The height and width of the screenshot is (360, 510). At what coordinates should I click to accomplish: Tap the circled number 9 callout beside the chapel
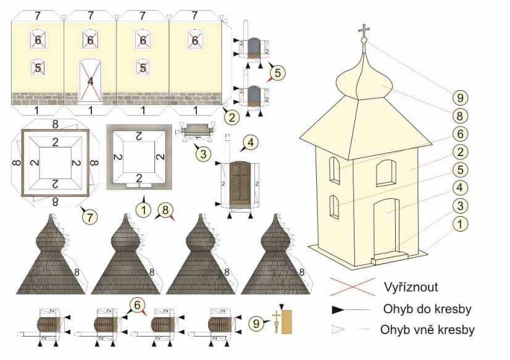point(460,97)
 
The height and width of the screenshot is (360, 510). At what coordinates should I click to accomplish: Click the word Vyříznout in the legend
point(411,287)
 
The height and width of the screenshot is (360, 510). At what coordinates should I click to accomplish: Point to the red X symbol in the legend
point(352,287)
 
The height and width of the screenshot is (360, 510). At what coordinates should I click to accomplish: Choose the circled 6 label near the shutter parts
point(137,304)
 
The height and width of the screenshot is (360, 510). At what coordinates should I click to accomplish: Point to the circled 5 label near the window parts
point(277,72)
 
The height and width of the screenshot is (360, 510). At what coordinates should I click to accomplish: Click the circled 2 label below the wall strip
point(231,115)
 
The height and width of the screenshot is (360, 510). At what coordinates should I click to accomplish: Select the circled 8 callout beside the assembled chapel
point(460,115)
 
